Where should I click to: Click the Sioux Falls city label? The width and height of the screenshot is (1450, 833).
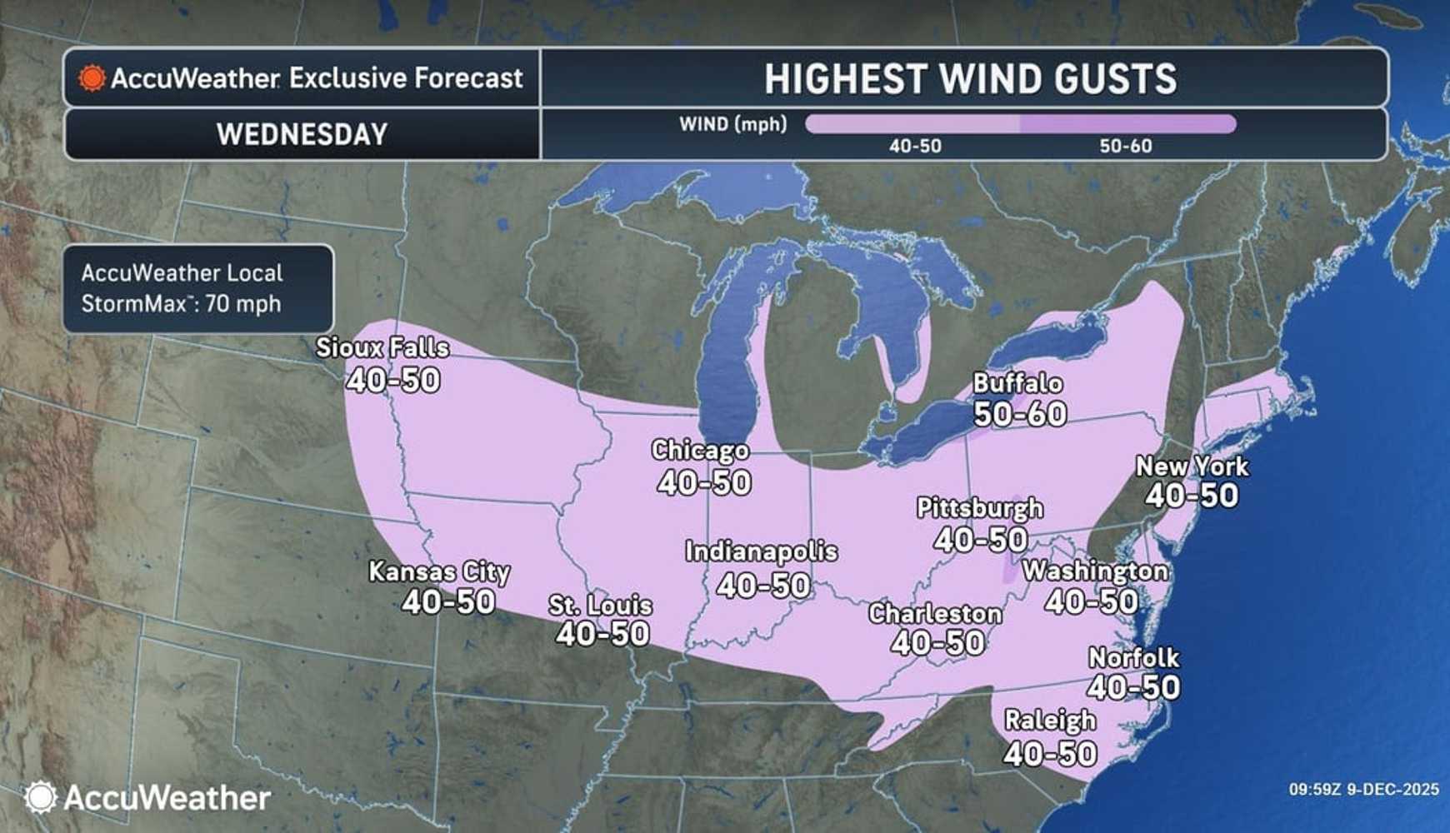click(382, 347)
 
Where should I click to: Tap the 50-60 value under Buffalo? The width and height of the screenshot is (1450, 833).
click(1020, 414)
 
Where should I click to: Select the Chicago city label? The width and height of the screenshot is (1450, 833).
click(700, 451)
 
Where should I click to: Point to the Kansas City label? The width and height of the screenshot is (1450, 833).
click(439, 571)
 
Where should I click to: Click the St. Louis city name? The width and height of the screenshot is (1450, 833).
click(600, 605)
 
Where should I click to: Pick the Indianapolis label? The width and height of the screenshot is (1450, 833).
click(761, 551)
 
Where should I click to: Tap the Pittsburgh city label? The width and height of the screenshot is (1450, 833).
click(979, 507)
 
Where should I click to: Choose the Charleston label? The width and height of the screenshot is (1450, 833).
click(935, 614)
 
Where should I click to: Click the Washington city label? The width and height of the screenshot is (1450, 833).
click(1095, 571)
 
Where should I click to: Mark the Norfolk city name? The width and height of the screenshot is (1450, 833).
click(1133, 658)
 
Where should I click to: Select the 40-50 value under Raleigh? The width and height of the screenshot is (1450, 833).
click(1050, 754)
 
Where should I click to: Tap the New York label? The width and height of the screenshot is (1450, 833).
click(1192, 466)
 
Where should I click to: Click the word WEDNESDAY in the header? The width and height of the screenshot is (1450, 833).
click(302, 134)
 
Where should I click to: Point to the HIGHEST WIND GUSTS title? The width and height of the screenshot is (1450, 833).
click(970, 79)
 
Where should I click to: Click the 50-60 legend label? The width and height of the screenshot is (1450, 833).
click(1125, 147)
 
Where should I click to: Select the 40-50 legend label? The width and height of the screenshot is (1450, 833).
click(915, 147)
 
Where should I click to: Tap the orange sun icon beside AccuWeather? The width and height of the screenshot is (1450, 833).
click(92, 78)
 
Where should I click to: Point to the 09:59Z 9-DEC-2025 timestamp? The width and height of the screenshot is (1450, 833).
click(1363, 789)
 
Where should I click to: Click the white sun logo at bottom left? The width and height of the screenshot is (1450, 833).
click(40, 797)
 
